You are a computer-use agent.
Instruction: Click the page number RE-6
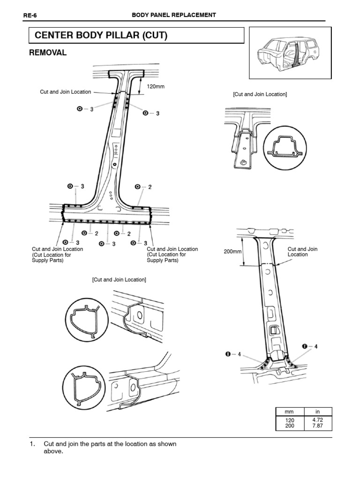coord(30,15)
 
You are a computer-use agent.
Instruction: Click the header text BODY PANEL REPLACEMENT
coord(173,15)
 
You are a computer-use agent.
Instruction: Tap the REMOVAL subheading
coord(48,53)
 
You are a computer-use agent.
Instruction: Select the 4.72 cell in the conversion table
coord(317,420)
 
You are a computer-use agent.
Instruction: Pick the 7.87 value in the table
coord(317,426)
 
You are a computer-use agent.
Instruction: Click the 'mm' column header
coord(289,411)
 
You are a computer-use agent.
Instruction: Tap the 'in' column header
coord(317,411)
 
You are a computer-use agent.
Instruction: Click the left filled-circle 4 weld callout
coord(232,354)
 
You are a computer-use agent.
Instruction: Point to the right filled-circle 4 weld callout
coord(310,346)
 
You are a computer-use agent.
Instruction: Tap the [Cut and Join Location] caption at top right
coord(260,94)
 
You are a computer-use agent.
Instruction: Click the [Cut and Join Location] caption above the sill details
coord(119,279)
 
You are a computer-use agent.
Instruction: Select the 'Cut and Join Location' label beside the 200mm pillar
coord(302,252)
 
